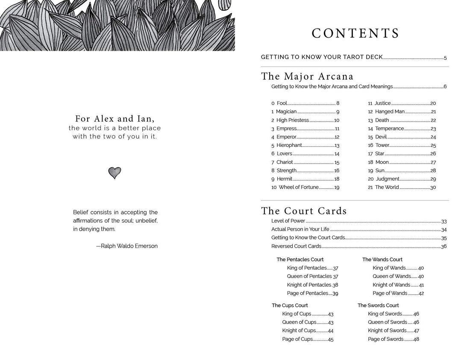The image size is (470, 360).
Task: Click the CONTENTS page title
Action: coord(355,33)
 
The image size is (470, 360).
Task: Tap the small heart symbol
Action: coord(115,173)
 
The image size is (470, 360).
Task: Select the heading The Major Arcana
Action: coord(307,76)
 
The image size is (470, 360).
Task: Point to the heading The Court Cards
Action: coord(304,211)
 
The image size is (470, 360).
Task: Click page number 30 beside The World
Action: coord(433,187)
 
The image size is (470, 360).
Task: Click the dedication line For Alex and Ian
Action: coord(115,119)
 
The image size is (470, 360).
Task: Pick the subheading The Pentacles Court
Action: coord(300,260)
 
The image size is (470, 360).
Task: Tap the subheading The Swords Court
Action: coord(378,305)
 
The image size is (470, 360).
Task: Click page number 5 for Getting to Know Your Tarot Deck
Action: coord(445,58)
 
